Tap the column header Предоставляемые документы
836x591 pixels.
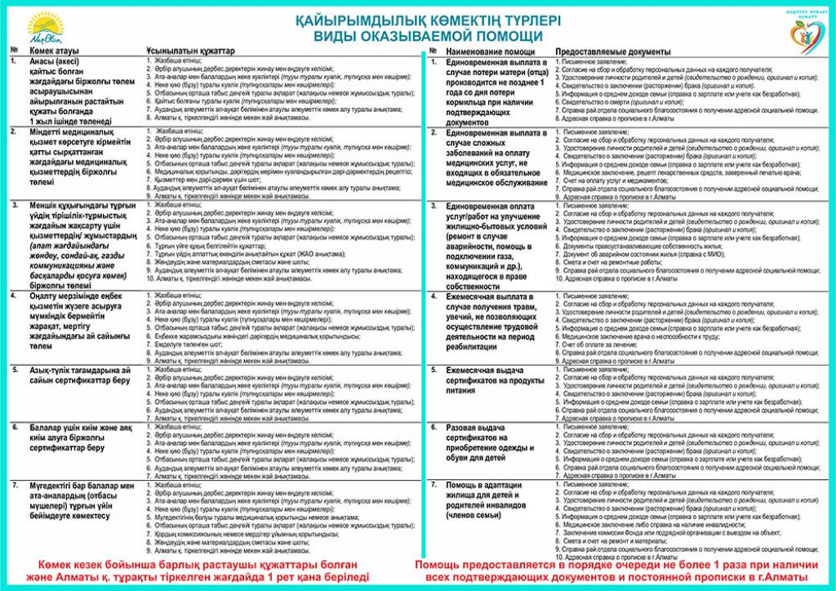coord(613,51)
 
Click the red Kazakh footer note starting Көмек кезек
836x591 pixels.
coord(203,571)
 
